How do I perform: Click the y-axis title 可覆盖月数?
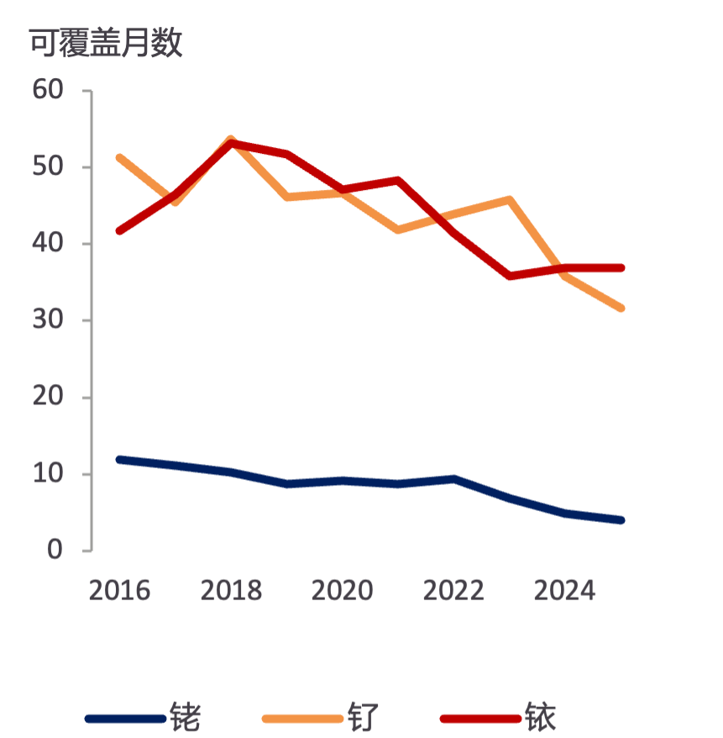[x=106, y=43]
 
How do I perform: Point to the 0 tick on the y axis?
[x=55, y=550]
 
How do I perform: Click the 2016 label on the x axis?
[x=119, y=590]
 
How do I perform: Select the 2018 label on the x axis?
[x=231, y=590]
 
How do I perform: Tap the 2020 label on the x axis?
[x=342, y=590]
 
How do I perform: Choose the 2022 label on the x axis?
[x=453, y=590]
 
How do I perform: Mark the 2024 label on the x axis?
[x=564, y=590]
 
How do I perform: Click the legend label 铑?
[x=185, y=717]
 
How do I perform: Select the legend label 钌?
[x=363, y=717]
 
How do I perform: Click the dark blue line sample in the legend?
[x=125, y=718]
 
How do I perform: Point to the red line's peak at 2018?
[x=231, y=143]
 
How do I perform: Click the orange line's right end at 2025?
[x=621, y=308]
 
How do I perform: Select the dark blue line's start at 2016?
[x=120, y=460]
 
